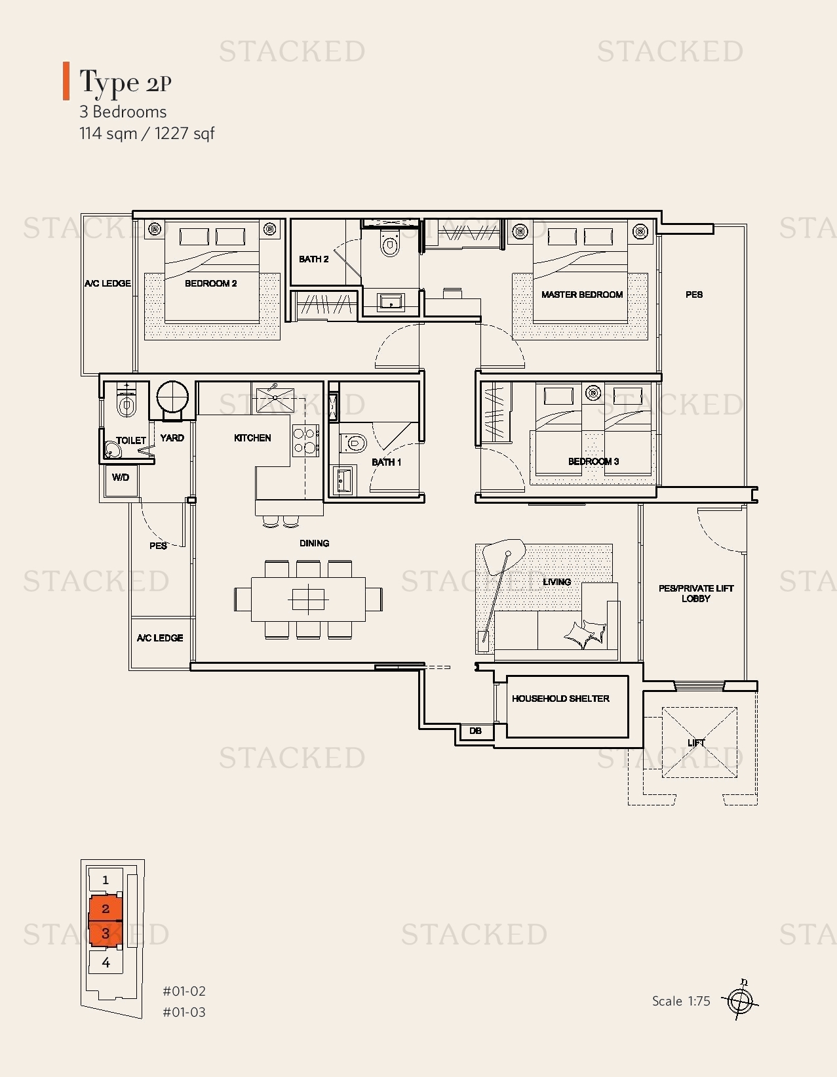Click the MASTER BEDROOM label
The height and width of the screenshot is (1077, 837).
click(x=581, y=295)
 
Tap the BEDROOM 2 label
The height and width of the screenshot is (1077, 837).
click(x=210, y=283)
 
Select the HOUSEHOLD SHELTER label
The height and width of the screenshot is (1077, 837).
click(x=560, y=699)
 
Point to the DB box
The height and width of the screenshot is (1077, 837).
click(x=475, y=731)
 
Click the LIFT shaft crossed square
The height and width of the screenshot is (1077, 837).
click(x=699, y=742)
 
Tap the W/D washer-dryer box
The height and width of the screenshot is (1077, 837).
click(x=120, y=478)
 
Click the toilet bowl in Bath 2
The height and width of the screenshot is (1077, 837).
click(x=390, y=245)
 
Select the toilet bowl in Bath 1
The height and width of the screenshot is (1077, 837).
click(x=353, y=443)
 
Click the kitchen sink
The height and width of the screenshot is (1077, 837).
click(x=275, y=399)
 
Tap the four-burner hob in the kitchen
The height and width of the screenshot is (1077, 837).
click(x=305, y=441)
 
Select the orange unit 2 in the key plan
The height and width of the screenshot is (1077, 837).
click(x=105, y=908)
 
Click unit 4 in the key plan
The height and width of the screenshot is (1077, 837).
click(x=106, y=963)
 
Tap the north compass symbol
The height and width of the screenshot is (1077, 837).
click(x=739, y=1001)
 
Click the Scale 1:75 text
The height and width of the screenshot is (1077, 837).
click(x=681, y=1001)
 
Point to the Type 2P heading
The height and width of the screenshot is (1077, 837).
click(x=125, y=82)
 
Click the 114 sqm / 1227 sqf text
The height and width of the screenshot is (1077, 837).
click(x=147, y=134)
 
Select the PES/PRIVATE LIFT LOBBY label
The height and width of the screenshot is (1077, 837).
click(x=695, y=593)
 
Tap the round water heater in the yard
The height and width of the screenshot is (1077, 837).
click(x=172, y=397)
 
